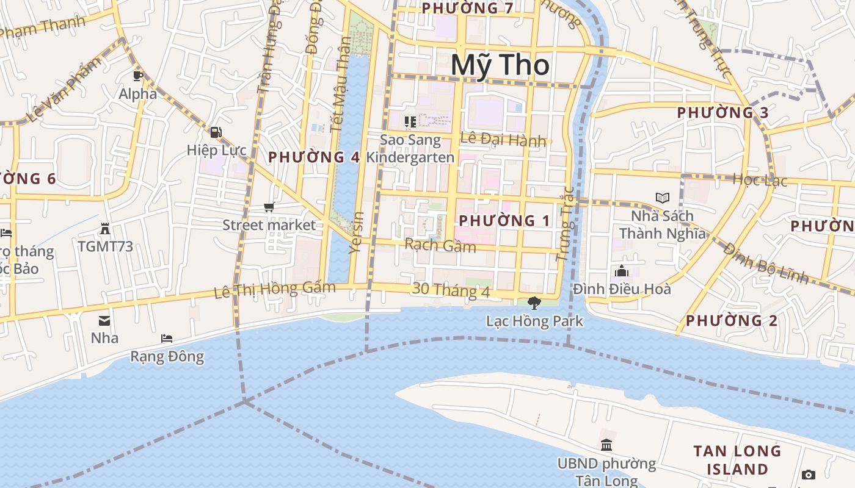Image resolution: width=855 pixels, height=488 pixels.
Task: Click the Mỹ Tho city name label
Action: tap(500, 65)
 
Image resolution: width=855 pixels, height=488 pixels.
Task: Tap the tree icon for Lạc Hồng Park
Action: tap(534, 303)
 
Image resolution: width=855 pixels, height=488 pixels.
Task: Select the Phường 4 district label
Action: tap(314, 157)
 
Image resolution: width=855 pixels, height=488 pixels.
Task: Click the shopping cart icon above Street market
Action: tap(269, 207)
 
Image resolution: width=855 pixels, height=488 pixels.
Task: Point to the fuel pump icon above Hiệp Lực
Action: tap(216, 132)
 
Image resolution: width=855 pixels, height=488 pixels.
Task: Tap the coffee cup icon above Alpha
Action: tap(138, 76)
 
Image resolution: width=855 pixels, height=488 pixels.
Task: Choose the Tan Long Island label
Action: tap(737, 460)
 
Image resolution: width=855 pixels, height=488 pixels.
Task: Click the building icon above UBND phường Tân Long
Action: tap(606, 445)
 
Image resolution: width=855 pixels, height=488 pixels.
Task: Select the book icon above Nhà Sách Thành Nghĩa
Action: tap(662, 198)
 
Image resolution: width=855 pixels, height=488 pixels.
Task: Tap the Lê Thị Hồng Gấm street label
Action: tap(275, 290)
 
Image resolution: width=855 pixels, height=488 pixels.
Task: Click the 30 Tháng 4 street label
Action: tap(451, 290)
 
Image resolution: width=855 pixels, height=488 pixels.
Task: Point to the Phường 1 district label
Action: tap(504, 221)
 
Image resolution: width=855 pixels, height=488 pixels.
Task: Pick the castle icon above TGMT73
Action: tap(105, 229)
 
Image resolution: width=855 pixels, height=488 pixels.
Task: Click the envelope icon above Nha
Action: tap(104, 320)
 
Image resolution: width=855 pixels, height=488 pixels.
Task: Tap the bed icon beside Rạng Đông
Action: tap(166, 339)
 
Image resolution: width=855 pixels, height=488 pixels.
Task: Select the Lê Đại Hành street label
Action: tap(503, 140)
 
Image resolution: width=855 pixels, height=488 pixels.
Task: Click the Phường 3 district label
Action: tap(722, 113)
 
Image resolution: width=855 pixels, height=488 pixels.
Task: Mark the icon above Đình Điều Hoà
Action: tap(621, 271)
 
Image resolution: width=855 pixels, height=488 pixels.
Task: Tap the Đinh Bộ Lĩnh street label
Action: tap(766, 264)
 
